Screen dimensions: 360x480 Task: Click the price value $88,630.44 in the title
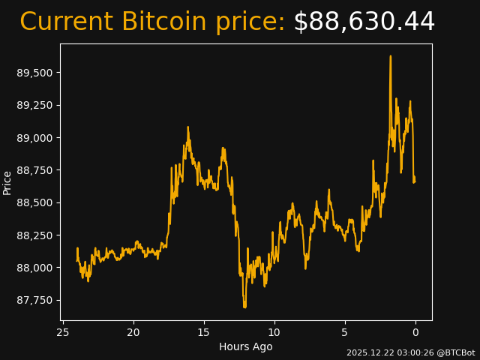(x=364, y=22)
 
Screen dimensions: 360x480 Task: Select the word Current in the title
(x=67, y=22)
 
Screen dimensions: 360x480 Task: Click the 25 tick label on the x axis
(x=63, y=332)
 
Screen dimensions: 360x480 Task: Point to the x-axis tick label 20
(x=133, y=332)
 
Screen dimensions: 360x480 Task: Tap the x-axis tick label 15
(x=204, y=332)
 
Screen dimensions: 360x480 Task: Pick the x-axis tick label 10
(x=274, y=332)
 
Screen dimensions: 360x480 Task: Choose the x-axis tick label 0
(x=415, y=332)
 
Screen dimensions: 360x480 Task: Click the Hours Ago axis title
(x=246, y=346)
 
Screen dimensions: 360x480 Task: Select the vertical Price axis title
(x=7, y=182)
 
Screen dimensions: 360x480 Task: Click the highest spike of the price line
(x=391, y=56)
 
